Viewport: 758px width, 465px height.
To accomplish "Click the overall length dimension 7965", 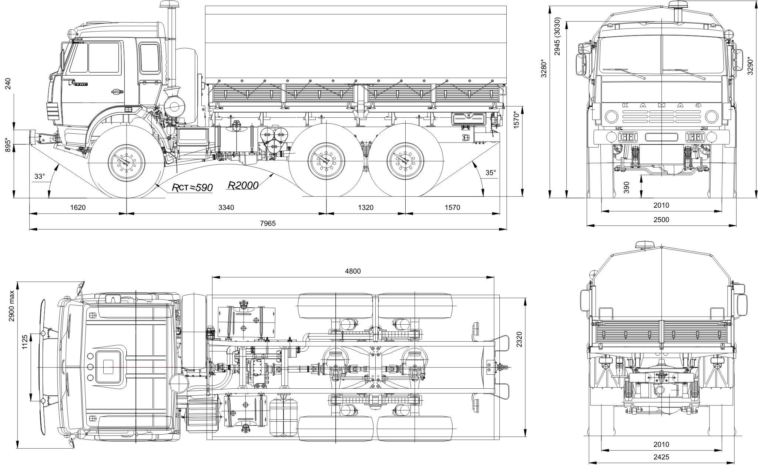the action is coord(268,223).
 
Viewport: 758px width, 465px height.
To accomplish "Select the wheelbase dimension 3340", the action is coord(226,207).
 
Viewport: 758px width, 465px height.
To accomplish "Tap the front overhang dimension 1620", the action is coord(78,207).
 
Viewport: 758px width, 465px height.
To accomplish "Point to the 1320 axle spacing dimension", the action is coord(366,207).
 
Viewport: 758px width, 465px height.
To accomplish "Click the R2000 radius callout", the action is coord(243,185).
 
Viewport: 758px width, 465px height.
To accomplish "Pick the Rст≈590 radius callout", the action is coord(192,188).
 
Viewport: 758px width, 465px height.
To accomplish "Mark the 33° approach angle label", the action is coord(39,177).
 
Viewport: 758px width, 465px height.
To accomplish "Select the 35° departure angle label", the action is coord(490,172).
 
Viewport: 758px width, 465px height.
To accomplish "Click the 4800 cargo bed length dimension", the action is coord(353,271).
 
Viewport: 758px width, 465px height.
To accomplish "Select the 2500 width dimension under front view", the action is coord(661,220).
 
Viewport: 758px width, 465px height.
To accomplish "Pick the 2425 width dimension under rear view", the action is coord(661,457).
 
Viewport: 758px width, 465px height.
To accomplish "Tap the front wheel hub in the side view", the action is coord(126,163).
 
